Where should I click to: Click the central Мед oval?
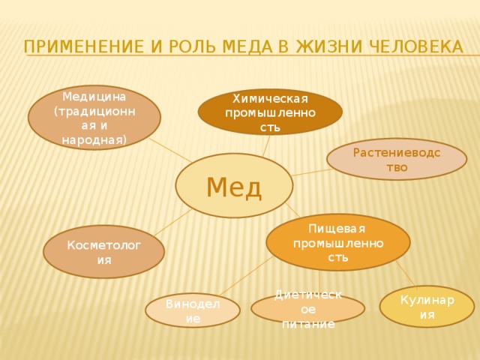[x=234, y=186]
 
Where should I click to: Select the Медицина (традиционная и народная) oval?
[x=94, y=117]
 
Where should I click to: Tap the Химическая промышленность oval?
[x=270, y=112]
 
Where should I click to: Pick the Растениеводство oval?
[x=397, y=159]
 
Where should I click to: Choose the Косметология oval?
[x=103, y=252]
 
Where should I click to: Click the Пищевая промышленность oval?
[x=338, y=242]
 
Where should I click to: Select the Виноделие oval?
[x=193, y=310]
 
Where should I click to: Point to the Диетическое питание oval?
[x=308, y=308]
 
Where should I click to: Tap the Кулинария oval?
[x=427, y=307]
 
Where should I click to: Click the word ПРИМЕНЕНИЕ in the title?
[x=83, y=46]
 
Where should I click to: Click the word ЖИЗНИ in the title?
[x=327, y=46]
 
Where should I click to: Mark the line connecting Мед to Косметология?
[x=173, y=223]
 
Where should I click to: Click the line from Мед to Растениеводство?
[x=312, y=172]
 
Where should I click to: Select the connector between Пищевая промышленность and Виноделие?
[x=245, y=277]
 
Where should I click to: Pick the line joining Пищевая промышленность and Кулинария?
[x=406, y=274]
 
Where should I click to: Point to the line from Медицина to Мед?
[x=171, y=150]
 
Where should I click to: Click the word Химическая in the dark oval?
[x=270, y=99]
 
